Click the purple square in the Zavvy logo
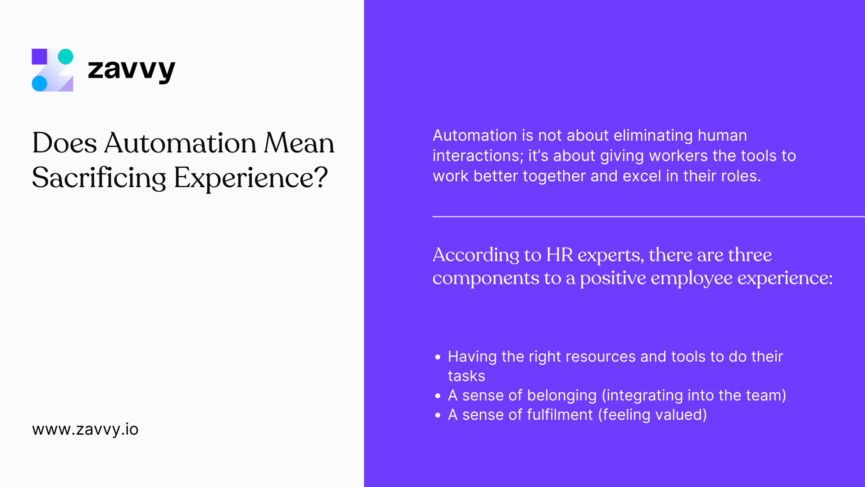(x=40, y=56)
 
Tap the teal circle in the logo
(x=65, y=56)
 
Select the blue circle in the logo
(x=40, y=83)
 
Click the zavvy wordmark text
(x=131, y=70)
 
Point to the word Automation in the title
(x=180, y=143)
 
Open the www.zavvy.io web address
(x=85, y=429)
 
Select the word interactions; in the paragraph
(x=478, y=156)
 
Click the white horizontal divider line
(x=649, y=216)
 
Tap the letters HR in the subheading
(x=560, y=255)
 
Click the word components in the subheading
(x=486, y=278)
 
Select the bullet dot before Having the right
(x=438, y=357)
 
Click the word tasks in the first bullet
(x=466, y=376)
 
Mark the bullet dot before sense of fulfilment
(x=438, y=415)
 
